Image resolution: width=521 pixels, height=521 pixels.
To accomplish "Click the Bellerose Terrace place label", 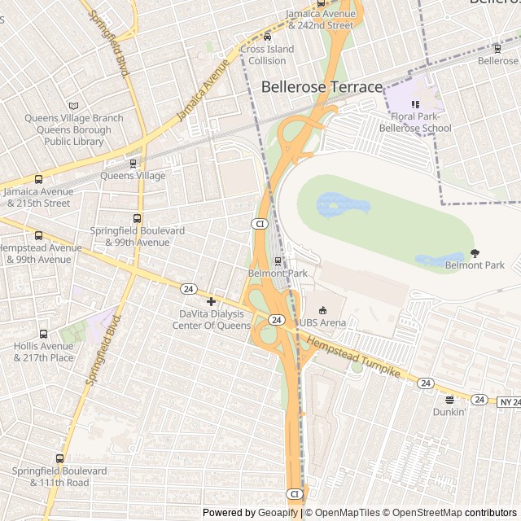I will click(x=322, y=87).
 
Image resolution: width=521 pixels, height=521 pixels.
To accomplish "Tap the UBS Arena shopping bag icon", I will click(x=322, y=310).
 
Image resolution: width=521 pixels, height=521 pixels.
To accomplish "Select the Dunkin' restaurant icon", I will click(x=449, y=400).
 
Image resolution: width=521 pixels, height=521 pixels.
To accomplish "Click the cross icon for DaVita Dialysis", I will click(x=211, y=302).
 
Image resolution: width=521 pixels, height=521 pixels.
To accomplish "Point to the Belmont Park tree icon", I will click(x=475, y=253).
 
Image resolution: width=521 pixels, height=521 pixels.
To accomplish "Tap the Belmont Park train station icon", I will click(x=278, y=261).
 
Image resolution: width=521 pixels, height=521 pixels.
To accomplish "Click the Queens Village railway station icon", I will click(x=132, y=164).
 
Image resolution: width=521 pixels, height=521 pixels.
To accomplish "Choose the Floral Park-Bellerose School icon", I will click(x=415, y=104).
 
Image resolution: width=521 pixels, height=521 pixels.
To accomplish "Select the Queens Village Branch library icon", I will click(x=74, y=106).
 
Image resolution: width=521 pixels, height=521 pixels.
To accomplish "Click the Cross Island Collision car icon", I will click(x=267, y=37).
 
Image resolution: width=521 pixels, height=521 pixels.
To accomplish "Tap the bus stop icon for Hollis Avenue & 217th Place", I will click(x=43, y=334).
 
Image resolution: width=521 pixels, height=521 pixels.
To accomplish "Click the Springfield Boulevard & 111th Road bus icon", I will click(x=59, y=458).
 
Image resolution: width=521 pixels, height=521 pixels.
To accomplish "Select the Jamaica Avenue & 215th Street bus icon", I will click(x=38, y=179).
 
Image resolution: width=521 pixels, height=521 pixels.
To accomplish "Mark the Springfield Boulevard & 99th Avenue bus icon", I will click(x=137, y=218).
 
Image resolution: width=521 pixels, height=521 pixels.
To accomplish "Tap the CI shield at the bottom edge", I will click(x=294, y=494).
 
